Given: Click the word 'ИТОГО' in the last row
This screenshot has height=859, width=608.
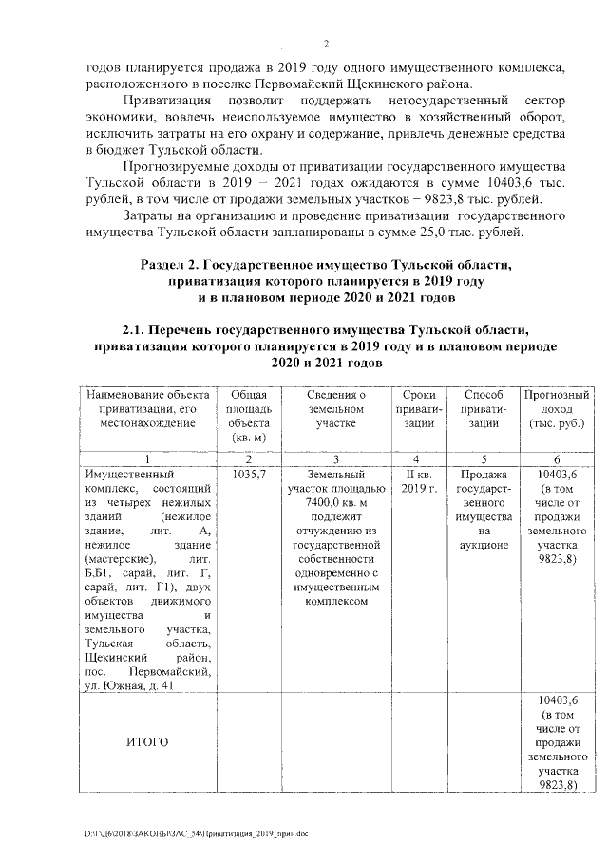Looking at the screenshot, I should click(146, 741).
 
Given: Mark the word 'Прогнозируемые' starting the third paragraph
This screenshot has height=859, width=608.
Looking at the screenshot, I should click(173, 166).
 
